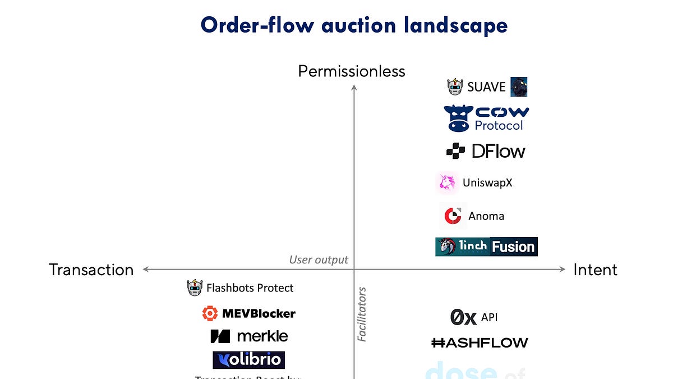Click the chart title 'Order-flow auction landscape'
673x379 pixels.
[354, 25]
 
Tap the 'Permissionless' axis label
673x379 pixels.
[351, 71]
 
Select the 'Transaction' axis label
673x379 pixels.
[91, 270]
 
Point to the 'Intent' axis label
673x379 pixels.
[595, 270]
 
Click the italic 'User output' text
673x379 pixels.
[319, 259]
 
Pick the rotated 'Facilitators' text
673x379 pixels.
[362, 314]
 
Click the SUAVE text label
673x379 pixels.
[486, 87]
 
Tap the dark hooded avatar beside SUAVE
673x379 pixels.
[519, 87]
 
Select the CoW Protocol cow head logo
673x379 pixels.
[458, 118]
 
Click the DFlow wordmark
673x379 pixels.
[498, 151]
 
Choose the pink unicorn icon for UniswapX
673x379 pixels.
[447, 183]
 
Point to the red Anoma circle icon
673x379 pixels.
[452, 216]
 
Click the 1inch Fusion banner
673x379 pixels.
[486, 246]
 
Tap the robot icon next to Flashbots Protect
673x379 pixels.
[194, 288]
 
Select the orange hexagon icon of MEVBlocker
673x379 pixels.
[210, 313]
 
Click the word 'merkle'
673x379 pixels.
[262, 336]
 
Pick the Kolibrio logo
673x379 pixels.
[248, 360]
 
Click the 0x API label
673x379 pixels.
[474, 317]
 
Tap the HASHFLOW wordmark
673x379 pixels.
[480, 343]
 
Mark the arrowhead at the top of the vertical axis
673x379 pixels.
[354, 87]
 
